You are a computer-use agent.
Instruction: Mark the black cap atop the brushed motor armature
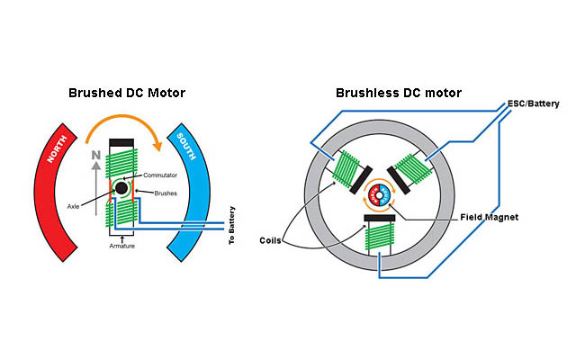coord(121,143)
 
